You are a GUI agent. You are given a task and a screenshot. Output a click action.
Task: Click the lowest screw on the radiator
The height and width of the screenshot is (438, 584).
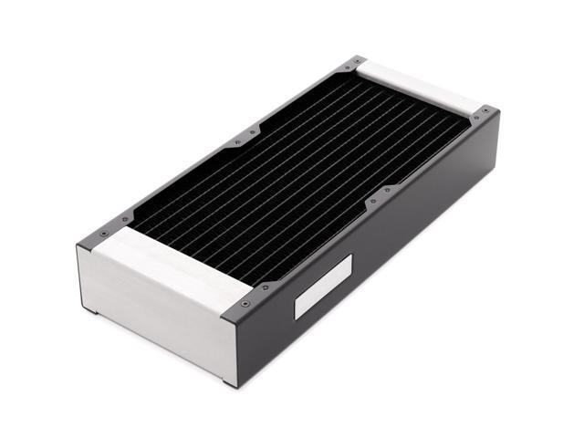pyautogui.click(x=246, y=305)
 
